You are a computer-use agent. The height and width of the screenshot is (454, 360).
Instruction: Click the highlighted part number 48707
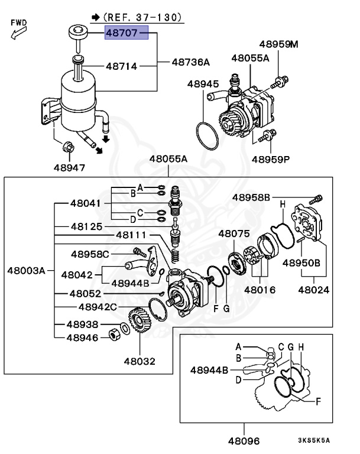tap(123, 34)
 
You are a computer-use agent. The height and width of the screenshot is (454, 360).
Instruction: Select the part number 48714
tap(122, 67)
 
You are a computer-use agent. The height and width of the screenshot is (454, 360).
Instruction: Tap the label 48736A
tap(190, 62)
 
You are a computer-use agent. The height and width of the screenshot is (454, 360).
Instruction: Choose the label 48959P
tap(271, 159)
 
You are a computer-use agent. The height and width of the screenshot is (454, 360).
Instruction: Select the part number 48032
tap(140, 359)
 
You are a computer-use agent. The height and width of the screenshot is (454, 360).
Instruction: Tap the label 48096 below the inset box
tap(244, 440)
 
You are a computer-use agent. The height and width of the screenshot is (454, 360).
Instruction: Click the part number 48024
tap(313, 290)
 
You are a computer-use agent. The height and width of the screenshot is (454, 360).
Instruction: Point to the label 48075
tap(234, 234)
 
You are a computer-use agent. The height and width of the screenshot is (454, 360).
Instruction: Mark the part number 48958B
tap(251, 197)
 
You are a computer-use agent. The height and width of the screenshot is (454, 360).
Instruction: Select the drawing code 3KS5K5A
tap(313, 440)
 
